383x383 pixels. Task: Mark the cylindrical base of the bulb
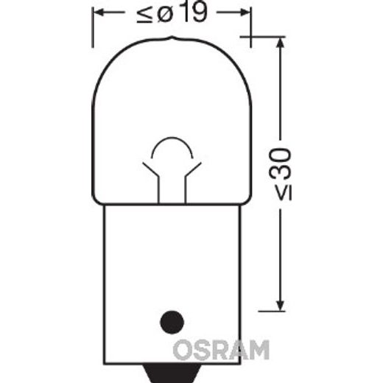(x=170, y=273)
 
